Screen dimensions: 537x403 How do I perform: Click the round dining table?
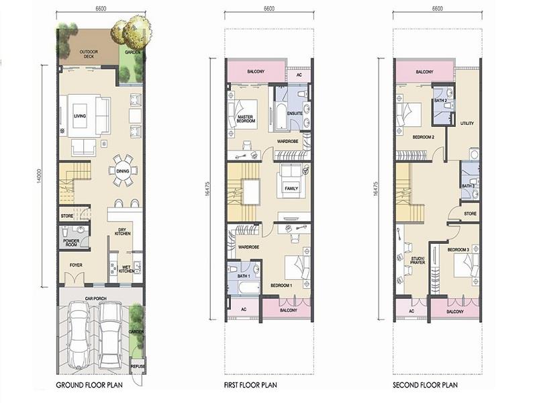122,171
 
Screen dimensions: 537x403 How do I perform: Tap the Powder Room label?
71,243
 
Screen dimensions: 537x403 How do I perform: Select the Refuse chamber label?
138,366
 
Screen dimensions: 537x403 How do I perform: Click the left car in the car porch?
79,335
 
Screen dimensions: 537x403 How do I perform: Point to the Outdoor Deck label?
89,54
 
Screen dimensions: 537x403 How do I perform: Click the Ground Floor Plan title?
89,385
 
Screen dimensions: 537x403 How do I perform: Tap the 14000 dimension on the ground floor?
40,176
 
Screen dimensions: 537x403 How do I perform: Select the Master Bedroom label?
246,119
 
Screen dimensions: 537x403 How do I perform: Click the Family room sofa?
291,181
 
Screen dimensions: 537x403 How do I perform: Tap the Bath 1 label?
244,276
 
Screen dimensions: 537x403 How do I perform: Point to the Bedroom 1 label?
281,285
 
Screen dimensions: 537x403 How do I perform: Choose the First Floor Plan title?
250,385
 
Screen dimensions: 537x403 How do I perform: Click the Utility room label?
467,124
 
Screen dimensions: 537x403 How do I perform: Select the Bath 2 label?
440,101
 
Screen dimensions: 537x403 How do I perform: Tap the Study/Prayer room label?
418,261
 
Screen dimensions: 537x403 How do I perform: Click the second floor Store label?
471,214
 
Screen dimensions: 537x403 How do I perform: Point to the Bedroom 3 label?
458,250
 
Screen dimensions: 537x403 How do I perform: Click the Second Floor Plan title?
425,385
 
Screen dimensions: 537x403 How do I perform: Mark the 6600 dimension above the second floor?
438,9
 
